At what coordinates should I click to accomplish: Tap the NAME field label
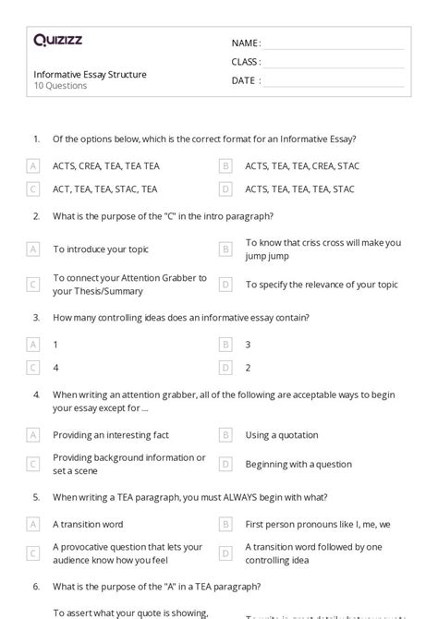tap(246, 42)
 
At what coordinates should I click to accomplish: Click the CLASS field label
tap(246, 62)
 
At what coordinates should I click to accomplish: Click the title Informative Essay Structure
tap(90, 74)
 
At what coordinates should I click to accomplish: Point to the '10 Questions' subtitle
tap(60, 86)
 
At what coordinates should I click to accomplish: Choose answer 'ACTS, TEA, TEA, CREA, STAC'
tap(302, 166)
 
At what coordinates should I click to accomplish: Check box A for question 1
tap(33, 166)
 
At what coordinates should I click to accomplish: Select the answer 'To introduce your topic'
tap(101, 249)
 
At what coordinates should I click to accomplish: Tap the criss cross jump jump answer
tap(322, 249)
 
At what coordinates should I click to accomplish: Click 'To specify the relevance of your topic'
tap(322, 285)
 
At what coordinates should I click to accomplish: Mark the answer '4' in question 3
tap(56, 367)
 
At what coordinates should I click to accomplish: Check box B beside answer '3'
tap(225, 344)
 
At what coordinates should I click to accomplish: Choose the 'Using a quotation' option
tap(282, 434)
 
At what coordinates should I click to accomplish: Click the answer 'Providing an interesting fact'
tap(111, 434)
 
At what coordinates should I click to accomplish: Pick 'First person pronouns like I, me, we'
tap(318, 524)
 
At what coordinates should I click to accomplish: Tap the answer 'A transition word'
tap(89, 524)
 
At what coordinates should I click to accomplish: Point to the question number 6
tap(36, 586)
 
